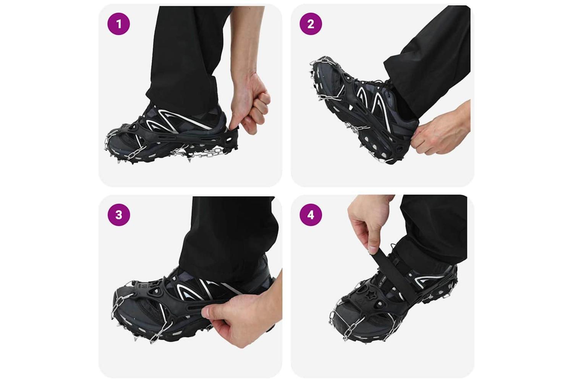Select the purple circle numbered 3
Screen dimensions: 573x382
(119, 215)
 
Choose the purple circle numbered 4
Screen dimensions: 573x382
(311, 215)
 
